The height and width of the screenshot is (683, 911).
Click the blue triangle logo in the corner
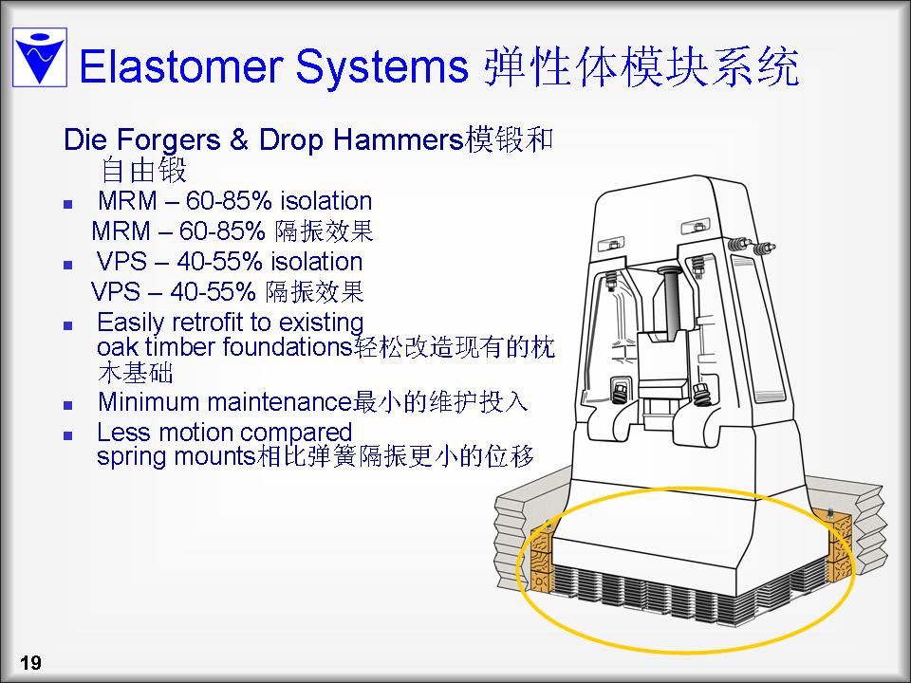[40, 58]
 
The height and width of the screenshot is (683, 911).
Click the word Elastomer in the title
[181, 66]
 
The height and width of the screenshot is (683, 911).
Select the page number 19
[30, 662]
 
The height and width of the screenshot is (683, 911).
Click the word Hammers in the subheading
[398, 139]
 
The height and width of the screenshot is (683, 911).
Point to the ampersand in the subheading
[239, 140]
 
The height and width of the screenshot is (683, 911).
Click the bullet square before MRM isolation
[68, 204]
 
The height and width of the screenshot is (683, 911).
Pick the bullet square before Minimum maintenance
[68, 405]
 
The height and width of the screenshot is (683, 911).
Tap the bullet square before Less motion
[68, 435]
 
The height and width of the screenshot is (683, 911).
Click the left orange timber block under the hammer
[543, 556]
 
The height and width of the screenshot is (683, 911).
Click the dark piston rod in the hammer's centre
[671, 301]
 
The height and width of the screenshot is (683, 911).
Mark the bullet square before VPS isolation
[68, 265]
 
